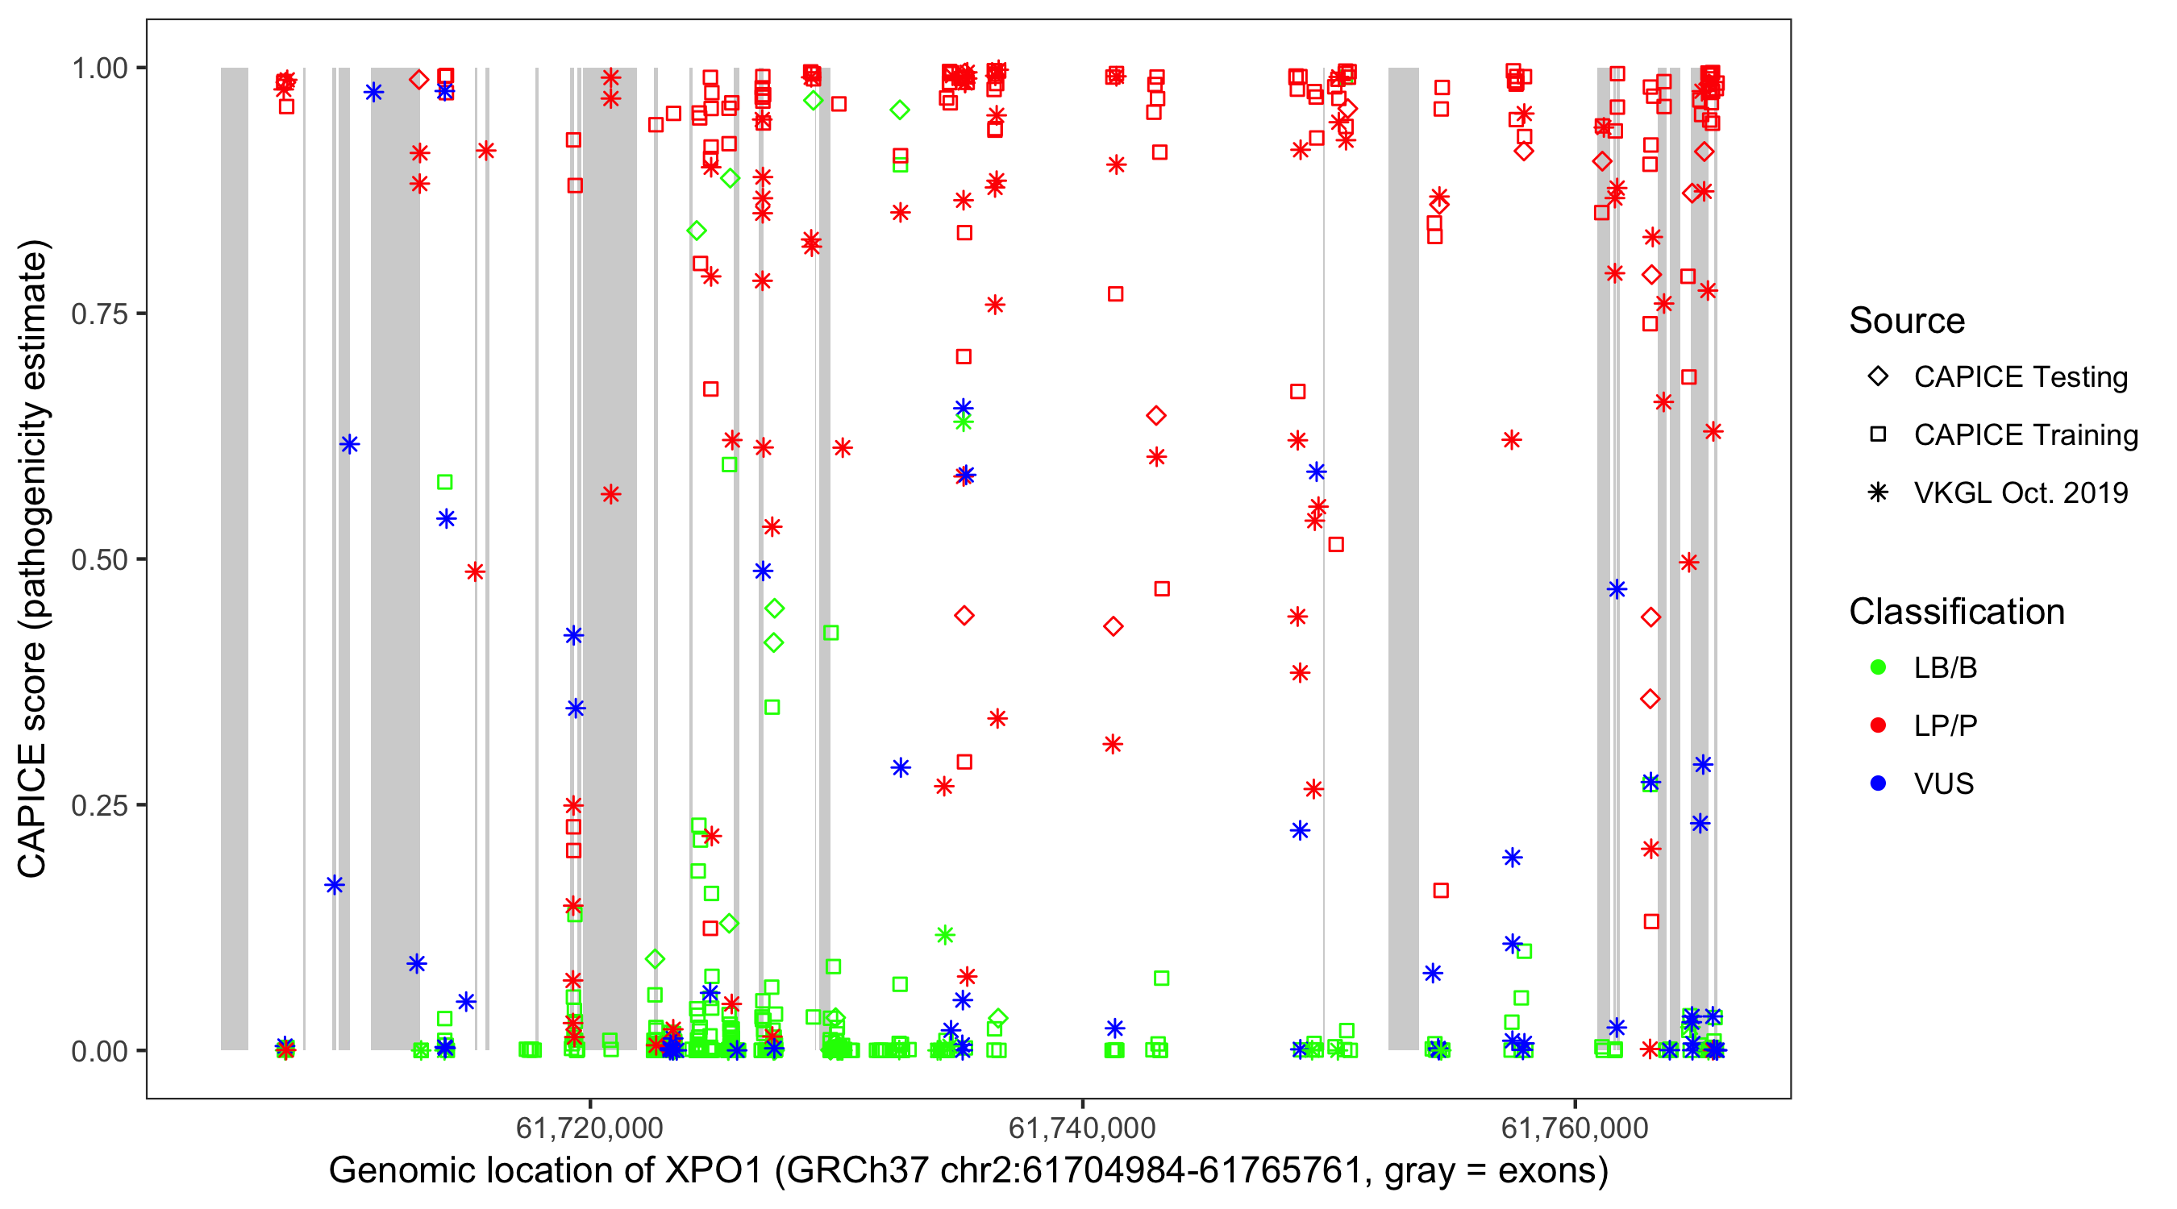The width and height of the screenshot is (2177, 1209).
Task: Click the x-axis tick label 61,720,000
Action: click(589, 1128)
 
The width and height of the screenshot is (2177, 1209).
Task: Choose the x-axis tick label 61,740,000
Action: click(1082, 1128)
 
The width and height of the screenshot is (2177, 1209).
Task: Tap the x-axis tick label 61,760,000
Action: click(1575, 1128)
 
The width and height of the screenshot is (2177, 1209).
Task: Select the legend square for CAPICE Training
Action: click(1878, 435)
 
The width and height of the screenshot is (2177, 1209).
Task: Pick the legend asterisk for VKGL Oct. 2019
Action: click(1878, 492)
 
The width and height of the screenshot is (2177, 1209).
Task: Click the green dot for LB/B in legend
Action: click(1878, 667)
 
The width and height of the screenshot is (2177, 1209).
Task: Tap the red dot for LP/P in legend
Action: click(1878, 725)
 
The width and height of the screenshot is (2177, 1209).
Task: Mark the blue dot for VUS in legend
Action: click(1878, 783)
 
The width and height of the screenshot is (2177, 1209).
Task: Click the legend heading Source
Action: click(1907, 321)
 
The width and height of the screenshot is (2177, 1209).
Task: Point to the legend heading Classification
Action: click(1956, 612)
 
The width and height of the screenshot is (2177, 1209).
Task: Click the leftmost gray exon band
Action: click(235, 558)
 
